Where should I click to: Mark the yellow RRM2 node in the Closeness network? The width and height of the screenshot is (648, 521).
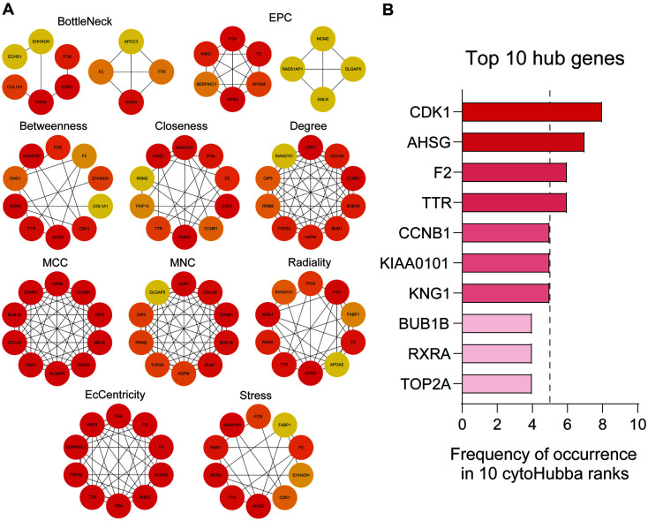click(x=141, y=179)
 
